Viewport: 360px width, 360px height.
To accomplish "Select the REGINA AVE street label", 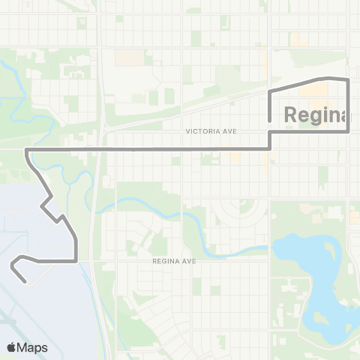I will point(173,261).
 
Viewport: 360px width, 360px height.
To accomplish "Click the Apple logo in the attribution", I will point(12,346).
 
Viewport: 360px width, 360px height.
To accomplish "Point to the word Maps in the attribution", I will point(33,346).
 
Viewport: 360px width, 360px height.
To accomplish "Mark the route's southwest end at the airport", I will point(27,282).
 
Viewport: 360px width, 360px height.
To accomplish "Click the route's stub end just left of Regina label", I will point(270,118).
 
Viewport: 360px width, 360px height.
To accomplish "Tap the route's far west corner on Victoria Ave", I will point(27,151).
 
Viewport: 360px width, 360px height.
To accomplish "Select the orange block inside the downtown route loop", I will point(315,93).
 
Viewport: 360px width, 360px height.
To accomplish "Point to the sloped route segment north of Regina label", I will point(296,83).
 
